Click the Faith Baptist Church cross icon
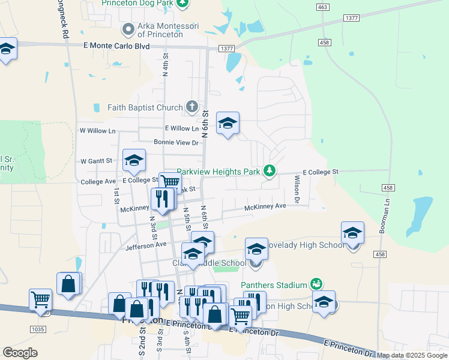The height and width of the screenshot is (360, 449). [x=191, y=107]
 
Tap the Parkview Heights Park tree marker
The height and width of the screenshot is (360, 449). [x=270, y=172]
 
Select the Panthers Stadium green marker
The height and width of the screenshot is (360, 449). [x=316, y=284]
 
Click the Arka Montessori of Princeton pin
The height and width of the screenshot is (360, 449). [x=127, y=29]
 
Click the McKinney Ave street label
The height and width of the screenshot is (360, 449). [x=265, y=207]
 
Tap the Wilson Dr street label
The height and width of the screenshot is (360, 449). [x=297, y=187]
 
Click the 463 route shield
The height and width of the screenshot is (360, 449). [x=323, y=7]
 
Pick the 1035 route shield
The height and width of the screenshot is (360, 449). [x=38, y=329]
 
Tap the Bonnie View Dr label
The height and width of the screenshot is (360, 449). [x=176, y=143]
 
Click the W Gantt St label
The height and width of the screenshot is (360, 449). [x=97, y=161]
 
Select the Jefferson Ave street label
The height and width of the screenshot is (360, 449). [x=145, y=245]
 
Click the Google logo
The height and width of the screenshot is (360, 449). [x=20, y=353]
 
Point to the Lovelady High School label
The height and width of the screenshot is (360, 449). [x=307, y=245]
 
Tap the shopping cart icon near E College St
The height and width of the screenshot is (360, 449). [x=170, y=182]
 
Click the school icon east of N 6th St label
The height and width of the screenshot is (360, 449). [x=228, y=124]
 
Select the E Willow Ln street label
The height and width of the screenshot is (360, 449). [x=181, y=128]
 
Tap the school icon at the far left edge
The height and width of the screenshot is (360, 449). [x=7, y=50]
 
